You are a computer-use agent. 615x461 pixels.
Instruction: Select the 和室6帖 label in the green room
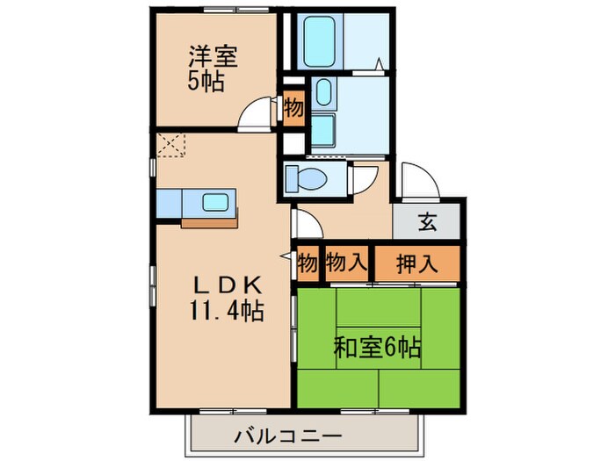pyautogui.click(x=377, y=346)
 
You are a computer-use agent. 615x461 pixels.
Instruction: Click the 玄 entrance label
pyautogui.click(x=427, y=222)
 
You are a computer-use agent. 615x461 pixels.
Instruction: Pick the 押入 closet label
pyautogui.click(x=417, y=262)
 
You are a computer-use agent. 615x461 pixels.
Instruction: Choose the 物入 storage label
pyautogui.click(x=346, y=262)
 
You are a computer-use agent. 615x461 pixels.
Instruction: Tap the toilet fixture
pyautogui.click(x=304, y=178)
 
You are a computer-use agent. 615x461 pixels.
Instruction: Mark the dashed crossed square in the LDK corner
pyautogui.click(x=168, y=144)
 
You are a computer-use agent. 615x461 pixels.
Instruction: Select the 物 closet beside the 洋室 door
pyautogui.click(x=293, y=108)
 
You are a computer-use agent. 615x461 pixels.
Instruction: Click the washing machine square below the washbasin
pyautogui.click(x=322, y=131)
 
